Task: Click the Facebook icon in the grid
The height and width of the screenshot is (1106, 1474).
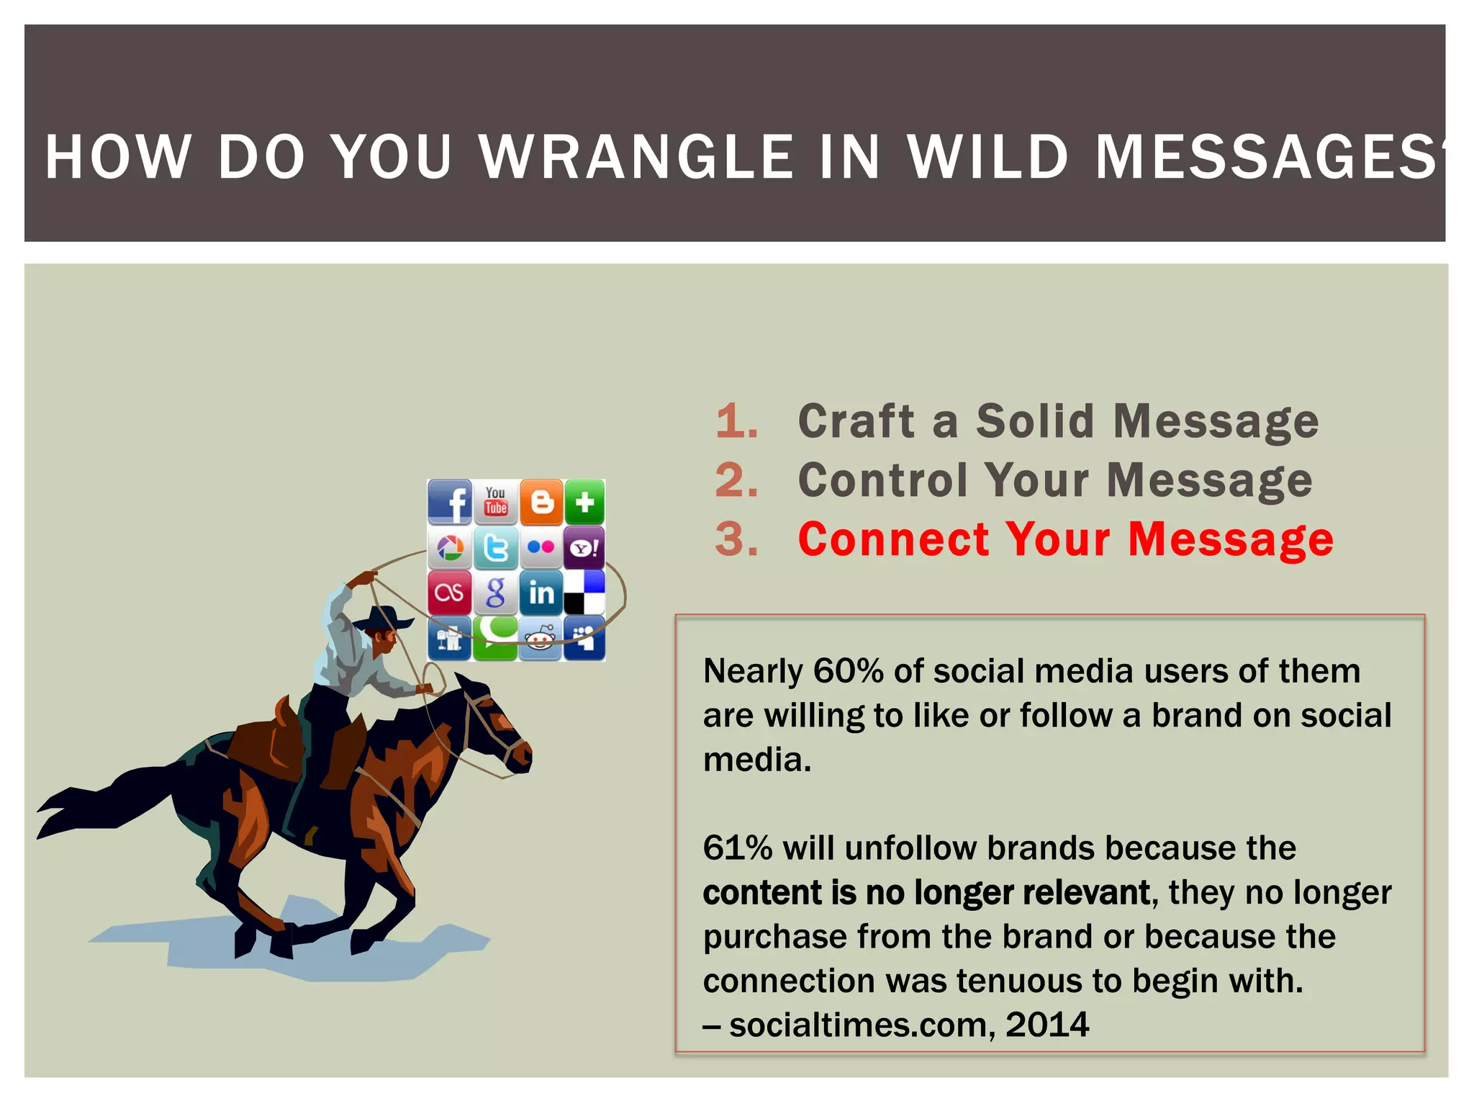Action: coord(450,502)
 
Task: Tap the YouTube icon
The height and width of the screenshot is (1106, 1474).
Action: coord(496,501)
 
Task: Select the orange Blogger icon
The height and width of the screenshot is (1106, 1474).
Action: coord(541,502)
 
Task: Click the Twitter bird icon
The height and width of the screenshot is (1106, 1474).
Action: coord(496,548)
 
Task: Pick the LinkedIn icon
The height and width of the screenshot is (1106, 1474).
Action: coord(541,593)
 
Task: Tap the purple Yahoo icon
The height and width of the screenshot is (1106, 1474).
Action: coord(584,548)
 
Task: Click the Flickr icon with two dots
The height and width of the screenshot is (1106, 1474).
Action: coord(541,548)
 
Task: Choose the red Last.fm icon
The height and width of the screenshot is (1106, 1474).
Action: coord(450,593)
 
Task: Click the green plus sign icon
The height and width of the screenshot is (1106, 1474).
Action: coord(584,502)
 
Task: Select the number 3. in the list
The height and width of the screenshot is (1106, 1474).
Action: coord(736,539)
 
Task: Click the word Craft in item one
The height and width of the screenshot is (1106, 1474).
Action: coord(856,421)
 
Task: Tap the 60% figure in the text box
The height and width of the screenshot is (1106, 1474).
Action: coord(848,671)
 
